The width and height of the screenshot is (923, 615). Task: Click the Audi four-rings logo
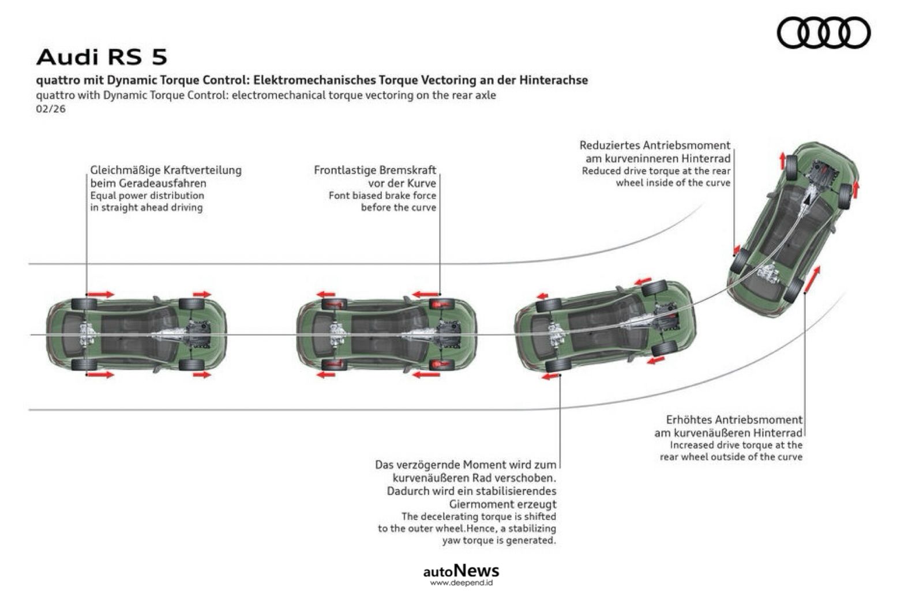click(x=823, y=32)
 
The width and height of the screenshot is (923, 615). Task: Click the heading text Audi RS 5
click(x=102, y=57)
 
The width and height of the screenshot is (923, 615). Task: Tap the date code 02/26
click(x=51, y=108)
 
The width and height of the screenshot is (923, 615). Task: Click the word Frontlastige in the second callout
click(x=344, y=170)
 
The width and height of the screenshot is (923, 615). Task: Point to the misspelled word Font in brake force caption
click(x=339, y=196)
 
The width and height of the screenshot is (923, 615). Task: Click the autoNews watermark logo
click(x=461, y=571)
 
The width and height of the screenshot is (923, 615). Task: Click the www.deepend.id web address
click(x=461, y=583)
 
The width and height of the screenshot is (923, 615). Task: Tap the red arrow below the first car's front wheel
click(x=202, y=374)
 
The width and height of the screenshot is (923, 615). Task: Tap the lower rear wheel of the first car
click(x=84, y=364)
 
